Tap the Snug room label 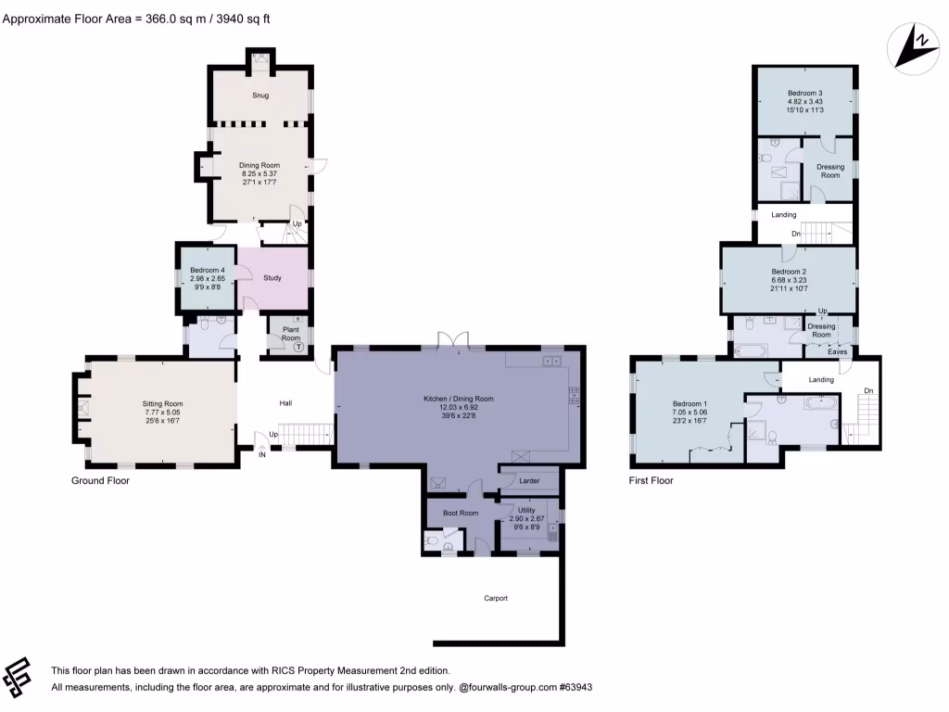pyautogui.click(x=260, y=95)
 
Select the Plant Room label pyautogui.click(x=291, y=335)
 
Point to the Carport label pyautogui.click(x=496, y=598)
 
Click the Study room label pyautogui.click(x=272, y=277)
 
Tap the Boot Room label pyautogui.click(x=460, y=513)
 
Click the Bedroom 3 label pyautogui.click(x=805, y=94)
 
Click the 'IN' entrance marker pyautogui.click(x=261, y=454)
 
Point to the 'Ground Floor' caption pyautogui.click(x=100, y=481)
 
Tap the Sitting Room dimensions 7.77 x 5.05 pyautogui.click(x=162, y=413)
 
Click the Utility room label pyautogui.click(x=527, y=510)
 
